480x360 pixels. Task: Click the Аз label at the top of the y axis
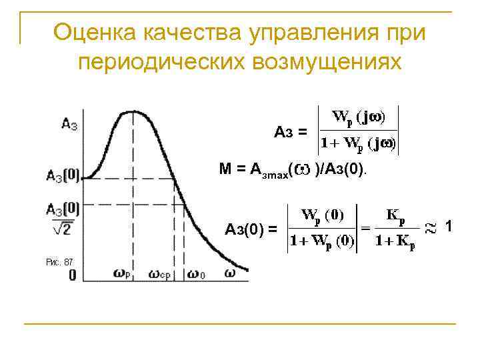[69, 123]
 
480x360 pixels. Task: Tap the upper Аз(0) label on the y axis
[63, 177]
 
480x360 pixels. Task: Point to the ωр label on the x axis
[122, 273]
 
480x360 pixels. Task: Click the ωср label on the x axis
[161, 274]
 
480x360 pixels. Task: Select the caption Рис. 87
[59, 262]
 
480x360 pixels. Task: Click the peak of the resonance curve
[135, 112]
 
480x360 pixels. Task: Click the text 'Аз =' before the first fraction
[291, 131]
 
